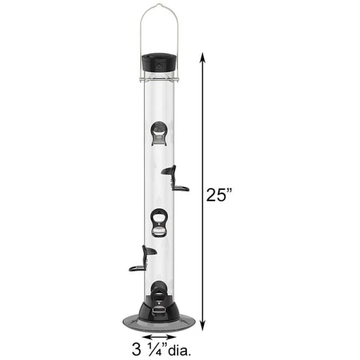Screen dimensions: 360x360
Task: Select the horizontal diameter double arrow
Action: pos(159,336)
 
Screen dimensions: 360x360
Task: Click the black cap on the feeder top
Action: pos(159,61)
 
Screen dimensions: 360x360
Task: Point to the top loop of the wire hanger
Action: pos(160,6)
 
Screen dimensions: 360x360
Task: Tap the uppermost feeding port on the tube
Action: pos(159,133)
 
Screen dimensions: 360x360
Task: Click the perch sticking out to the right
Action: pos(176,179)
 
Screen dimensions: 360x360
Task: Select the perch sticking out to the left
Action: pos(142,260)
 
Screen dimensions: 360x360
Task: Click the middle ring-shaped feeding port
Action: pos(159,222)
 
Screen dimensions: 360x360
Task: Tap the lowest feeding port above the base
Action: pos(159,291)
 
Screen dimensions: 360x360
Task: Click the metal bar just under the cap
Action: pos(159,80)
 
